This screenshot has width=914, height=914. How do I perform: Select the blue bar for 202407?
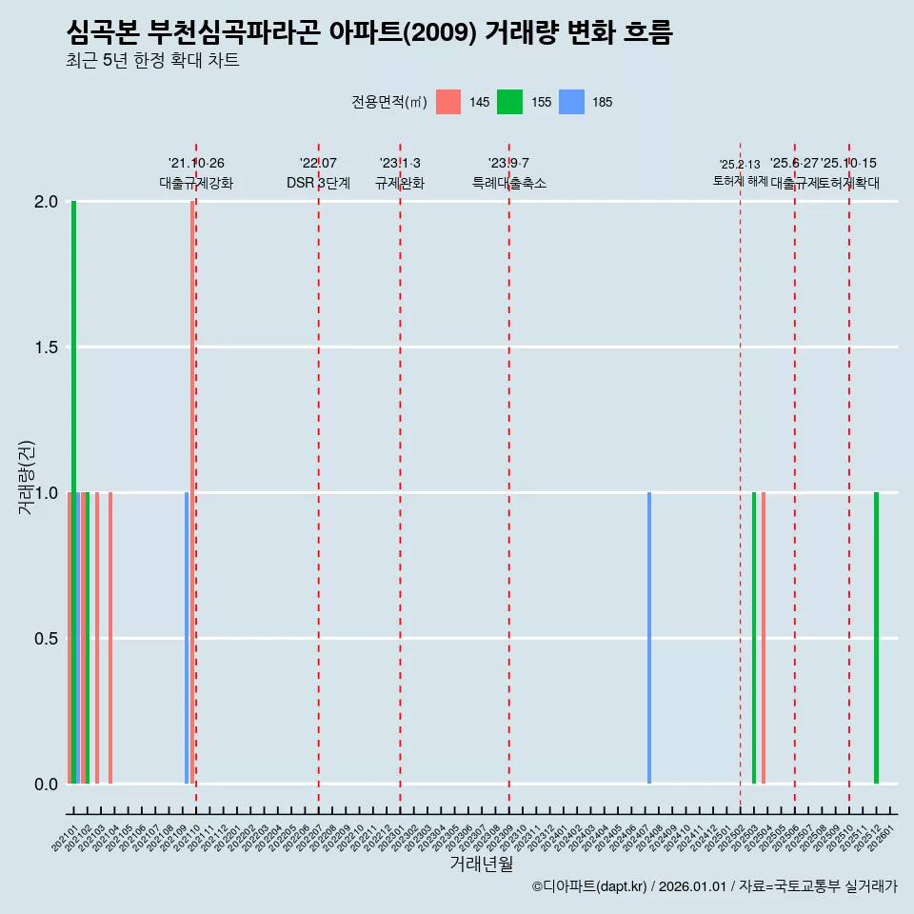click(649, 638)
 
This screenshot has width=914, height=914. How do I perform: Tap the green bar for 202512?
click(876, 638)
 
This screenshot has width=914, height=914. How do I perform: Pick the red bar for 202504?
click(764, 638)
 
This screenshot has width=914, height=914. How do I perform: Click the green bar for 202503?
click(754, 638)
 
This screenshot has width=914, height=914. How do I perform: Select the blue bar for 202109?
click(187, 638)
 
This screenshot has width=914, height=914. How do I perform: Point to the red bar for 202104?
click(110, 638)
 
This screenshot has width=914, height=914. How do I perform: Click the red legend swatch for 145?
click(448, 102)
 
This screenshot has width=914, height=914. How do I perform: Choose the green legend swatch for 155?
click(509, 102)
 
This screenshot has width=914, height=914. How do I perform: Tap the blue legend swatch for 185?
click(570, 102)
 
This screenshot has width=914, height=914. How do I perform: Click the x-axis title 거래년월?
click(481, 864)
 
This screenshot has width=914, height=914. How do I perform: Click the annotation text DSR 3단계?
click(318, 184)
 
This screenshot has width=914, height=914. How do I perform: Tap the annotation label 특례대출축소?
click(509, 184)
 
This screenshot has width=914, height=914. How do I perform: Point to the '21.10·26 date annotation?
click(196, 164)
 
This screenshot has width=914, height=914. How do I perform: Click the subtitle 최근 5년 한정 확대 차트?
click(152, 61)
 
